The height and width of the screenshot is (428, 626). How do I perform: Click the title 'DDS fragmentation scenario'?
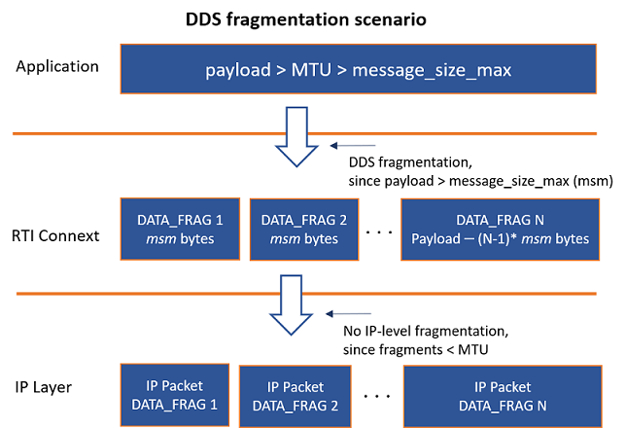313,18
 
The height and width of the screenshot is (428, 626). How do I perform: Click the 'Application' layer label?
57,68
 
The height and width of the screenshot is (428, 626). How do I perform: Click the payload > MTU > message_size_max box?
358,70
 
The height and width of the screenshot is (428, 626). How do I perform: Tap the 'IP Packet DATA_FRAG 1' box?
174,391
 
